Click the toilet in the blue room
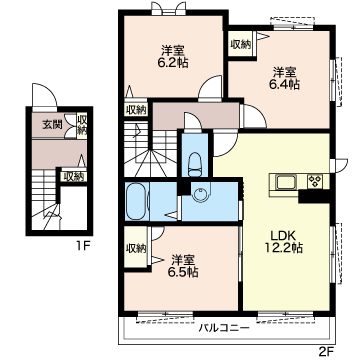click(194, 165)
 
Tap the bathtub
click(136, 201)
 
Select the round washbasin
click(200, 195)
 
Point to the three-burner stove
click(315, 182)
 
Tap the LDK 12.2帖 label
click(283, 242)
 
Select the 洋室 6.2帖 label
click(173, 57)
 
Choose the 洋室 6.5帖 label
click(183, 266)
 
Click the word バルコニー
click(224, 328)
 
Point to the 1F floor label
click(83, 247)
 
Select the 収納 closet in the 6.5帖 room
click(136, 247)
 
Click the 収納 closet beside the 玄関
click(81, 126)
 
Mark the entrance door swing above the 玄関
click(45, 94)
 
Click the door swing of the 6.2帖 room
click(210, 87)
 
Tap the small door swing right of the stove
click(340, 165)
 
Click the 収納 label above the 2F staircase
click(136, 110)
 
